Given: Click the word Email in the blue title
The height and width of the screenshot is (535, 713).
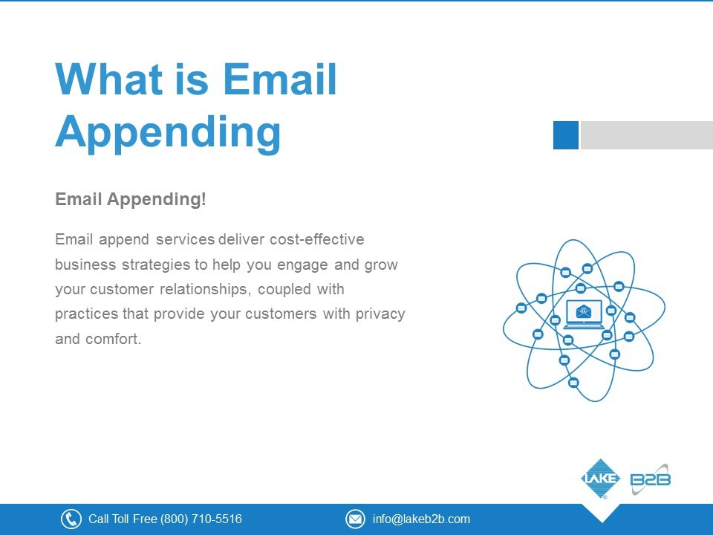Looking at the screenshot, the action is (280, 80).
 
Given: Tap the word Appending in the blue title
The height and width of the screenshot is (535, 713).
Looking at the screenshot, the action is (169, 132).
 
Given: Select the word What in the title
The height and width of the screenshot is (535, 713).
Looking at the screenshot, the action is (109, 80).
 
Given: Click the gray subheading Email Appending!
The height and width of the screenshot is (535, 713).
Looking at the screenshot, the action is (131, 199).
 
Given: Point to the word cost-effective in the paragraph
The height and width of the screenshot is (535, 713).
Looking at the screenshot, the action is (317, 239).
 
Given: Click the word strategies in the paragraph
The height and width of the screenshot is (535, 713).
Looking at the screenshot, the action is (155, 265).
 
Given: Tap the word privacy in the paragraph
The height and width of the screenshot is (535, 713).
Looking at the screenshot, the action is (380, 314).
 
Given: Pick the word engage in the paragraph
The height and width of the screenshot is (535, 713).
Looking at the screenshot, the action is (302, 265).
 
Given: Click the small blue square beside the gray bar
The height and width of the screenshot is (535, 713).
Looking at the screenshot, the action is (566, 135).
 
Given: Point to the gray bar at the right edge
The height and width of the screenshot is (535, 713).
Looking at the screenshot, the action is (647, 135).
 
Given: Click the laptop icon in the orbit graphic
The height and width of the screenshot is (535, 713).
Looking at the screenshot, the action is (584, 314).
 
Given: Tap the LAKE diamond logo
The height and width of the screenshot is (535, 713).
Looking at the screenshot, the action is (601, 479).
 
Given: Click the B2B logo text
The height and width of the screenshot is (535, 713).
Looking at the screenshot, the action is (651, 479).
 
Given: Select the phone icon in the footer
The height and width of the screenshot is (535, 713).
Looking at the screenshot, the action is (71, 519).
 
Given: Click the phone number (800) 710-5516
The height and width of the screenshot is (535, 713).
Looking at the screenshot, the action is (201, 519).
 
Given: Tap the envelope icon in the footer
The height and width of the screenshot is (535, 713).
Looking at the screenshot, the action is (355, 519).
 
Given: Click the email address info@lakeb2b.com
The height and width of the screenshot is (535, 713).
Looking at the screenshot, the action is (421, 519).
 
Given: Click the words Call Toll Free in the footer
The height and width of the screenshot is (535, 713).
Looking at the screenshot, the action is (123, 519).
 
